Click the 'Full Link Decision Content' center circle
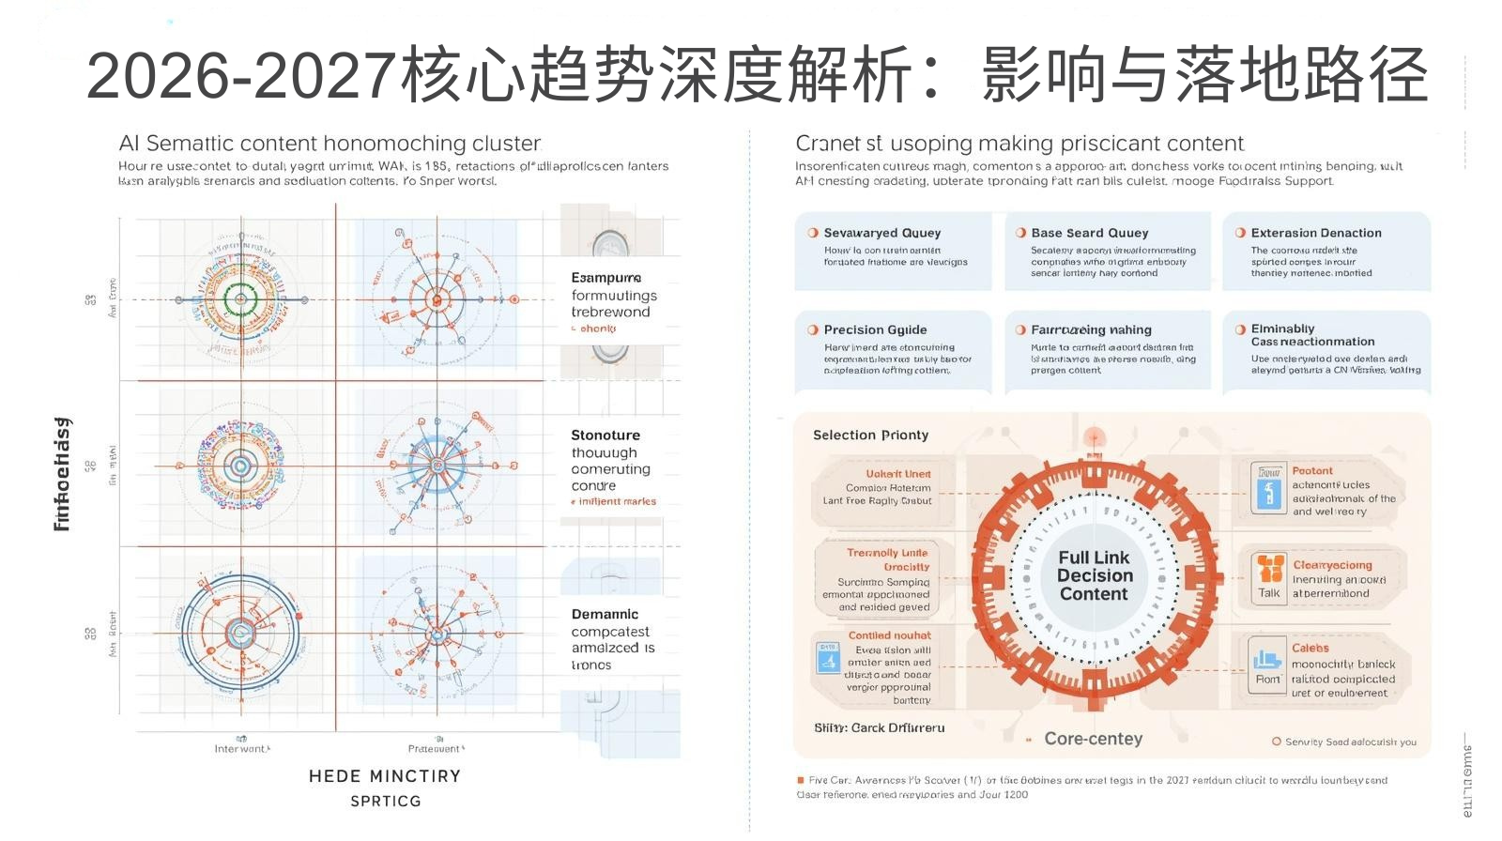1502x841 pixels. [x=1094, y=575]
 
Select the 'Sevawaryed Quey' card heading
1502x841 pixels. [x=881, y=233]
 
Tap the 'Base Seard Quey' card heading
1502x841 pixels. [x=1089, y=233]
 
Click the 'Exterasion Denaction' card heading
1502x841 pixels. [x=1315, y=233]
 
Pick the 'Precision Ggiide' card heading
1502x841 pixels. [x=875, y=329]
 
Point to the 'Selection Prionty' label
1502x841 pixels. [x=870, y=435]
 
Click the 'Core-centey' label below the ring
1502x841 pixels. [x=1093, y=739]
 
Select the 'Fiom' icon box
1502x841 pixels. [x=1267, y=665]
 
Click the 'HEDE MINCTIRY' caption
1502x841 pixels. [x=385, y=776]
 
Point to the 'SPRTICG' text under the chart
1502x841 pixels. [x=385, y=801]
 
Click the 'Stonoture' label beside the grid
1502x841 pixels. [x=605, y=436]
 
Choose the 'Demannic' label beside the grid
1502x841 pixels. [x=605, y=614]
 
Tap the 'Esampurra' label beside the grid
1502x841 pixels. [x=605, y=278]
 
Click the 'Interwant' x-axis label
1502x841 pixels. [x=241, y=749]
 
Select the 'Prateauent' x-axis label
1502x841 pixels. [x=435, y=749]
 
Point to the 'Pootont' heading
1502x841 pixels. [x=1311, y=471]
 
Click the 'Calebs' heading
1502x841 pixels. [x=1310, y=649]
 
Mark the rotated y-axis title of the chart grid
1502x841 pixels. [x=62, y=474]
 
